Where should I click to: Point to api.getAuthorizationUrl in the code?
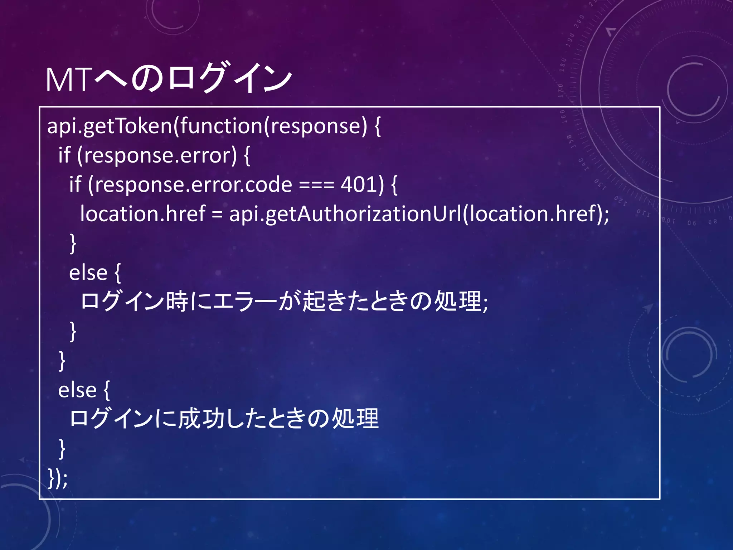coord(345,214)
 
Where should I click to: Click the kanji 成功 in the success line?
coord(202,419)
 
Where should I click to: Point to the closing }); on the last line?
coord(58,478)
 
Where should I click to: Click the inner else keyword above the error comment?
coord(88,273)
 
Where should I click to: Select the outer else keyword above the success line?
coord(77,390)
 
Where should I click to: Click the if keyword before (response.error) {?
coord(64,155)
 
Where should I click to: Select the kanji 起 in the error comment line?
coord(314,301)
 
